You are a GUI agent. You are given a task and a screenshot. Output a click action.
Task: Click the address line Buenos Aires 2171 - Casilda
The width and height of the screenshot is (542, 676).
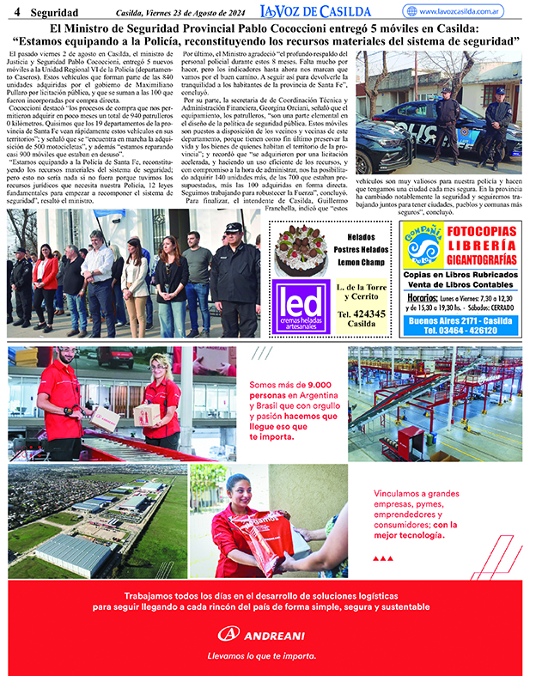click(460, 320)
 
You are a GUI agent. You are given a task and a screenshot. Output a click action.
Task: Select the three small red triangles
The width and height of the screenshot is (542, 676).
click(383, 558)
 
